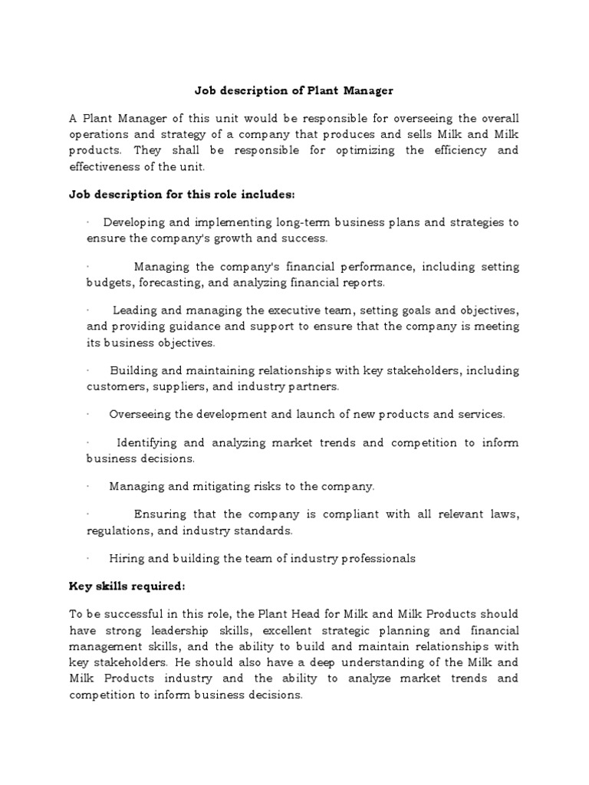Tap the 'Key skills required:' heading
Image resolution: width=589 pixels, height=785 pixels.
click(127, 586)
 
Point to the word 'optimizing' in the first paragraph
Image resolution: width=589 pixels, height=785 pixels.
click(365, 150)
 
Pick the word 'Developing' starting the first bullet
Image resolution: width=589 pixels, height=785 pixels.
click(133, 222)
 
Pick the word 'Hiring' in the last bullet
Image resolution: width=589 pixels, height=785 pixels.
click(126, 558)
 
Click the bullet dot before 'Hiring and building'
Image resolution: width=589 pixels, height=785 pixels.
click(88, 558)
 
